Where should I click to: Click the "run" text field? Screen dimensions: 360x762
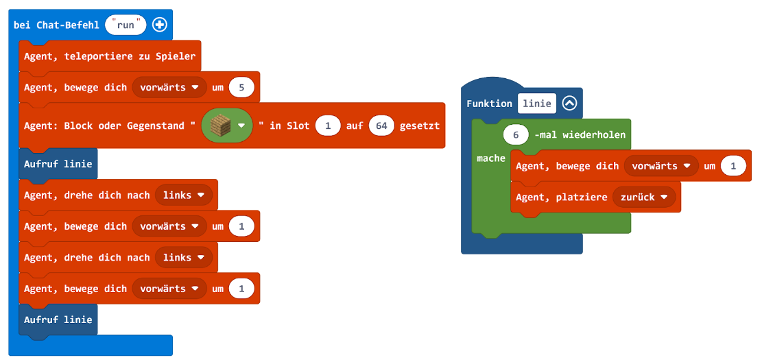[x=126, y=25]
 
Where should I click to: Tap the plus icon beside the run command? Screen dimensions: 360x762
[x=159, y=25]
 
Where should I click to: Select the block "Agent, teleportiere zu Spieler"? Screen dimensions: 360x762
[x=110, y=56]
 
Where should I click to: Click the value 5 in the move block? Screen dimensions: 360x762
[x=241, y=87]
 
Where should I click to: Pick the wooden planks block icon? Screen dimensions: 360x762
[x=221, y=125]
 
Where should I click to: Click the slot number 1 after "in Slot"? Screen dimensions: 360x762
[x=328, y=125]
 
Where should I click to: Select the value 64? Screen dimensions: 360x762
[x=381, y=125]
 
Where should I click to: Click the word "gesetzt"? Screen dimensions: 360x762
[x=419, y=125]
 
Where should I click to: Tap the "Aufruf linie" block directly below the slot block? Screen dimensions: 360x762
[x=58, y=164]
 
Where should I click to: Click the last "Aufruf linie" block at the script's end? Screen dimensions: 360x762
[x=58, y=320]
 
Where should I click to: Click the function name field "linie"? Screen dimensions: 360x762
[x=536, y=103]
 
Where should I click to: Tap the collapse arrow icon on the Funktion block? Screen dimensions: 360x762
[x=569, y=103]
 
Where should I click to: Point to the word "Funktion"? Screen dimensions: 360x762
[x=489, y=103]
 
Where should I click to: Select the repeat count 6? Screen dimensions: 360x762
[x=516, y=134]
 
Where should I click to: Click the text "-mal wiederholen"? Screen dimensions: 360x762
[x=580, y=134]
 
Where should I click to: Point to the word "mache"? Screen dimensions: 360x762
[x=490, y=158]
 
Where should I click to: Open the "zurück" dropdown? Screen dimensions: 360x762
[x=643, y=197]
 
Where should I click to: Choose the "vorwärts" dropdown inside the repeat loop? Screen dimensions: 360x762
[x=660, y=166]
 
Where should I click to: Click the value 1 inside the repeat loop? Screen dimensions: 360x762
[x=733, y=166]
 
